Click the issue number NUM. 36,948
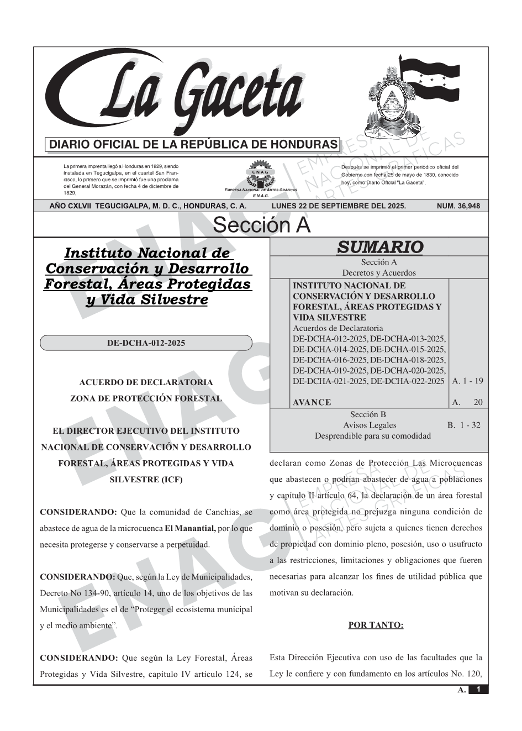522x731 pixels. point(458,206)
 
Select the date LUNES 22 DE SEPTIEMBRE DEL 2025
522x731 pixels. point(339,206)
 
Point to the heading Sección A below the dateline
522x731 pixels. point(261,225)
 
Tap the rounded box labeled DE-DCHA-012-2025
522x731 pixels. point(146,343)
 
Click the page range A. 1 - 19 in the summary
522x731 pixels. point(467,381)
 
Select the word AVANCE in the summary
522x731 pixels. point(312,402)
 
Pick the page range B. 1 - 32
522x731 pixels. point(463,425)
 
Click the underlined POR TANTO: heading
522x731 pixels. point(376,625)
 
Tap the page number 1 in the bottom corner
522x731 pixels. point(478,690)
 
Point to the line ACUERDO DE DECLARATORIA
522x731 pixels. point(146,382)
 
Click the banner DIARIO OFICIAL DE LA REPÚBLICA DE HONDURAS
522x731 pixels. point(193,145)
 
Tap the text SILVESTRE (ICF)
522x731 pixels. point(146,480)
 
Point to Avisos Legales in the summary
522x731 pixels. point(370,425)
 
